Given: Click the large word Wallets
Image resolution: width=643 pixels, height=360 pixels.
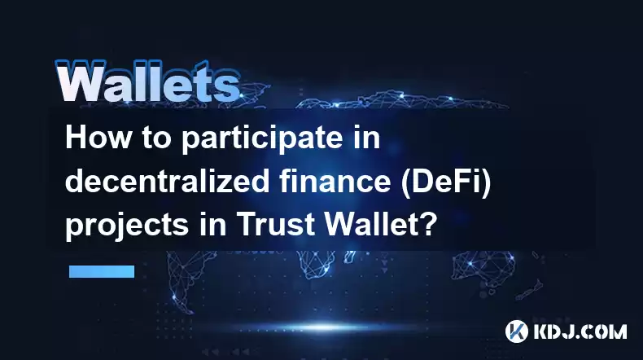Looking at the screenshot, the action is [x=147, y=81].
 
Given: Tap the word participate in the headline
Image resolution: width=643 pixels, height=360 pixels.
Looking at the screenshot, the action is [x=262, y=140].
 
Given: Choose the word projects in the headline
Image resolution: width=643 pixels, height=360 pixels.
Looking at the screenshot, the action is [x=127, y=226].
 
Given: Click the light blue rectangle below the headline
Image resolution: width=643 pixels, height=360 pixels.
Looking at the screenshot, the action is [x=102, y=271].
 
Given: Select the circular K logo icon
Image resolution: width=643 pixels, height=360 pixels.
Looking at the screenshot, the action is [x=517, y=331].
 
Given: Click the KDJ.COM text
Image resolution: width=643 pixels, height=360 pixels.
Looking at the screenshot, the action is [x=580, y=331].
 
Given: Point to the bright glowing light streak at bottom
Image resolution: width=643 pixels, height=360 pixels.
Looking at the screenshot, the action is [x=324, y=327].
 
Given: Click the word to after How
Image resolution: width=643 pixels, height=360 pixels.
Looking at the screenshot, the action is [x=156, y=138].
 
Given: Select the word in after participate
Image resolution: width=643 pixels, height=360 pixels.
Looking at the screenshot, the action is [x=367, y=138].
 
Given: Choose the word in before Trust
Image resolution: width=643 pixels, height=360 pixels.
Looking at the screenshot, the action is [x=212, y=225].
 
